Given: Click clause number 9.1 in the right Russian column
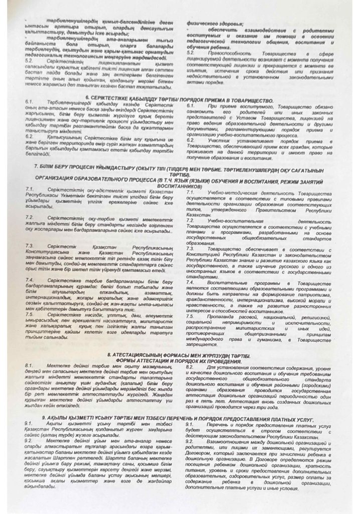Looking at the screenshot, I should coord(190,425).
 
